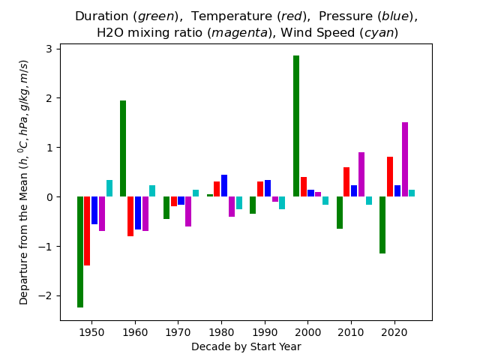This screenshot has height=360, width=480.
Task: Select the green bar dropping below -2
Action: point(80,252)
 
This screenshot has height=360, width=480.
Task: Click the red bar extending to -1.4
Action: point(87,231)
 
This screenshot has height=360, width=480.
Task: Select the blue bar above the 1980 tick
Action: point(224,186)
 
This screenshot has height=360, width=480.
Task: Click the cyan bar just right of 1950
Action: point(109,188)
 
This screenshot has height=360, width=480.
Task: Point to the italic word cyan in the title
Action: point(379,33)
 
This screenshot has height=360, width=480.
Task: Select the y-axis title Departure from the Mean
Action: point(24,225)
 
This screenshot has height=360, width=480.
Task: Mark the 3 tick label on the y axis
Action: point(48,49)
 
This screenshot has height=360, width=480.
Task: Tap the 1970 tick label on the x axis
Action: point(178,331)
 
